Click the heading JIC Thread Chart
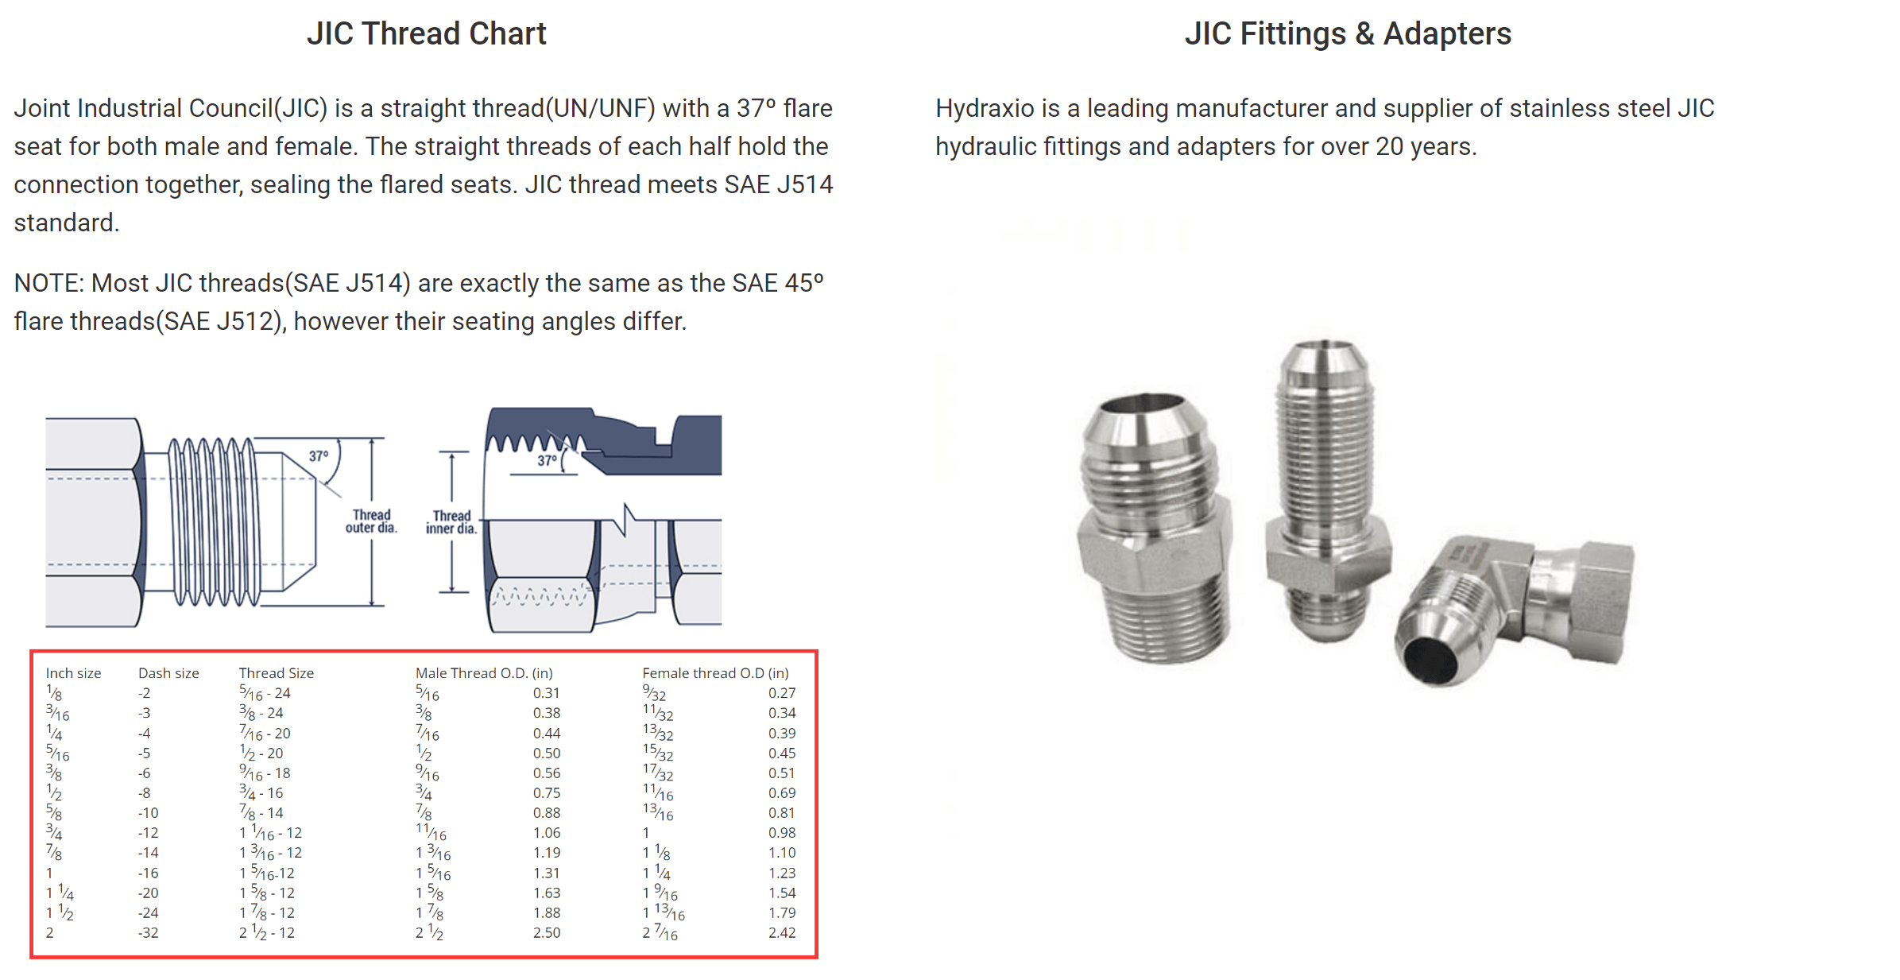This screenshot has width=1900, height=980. (x=427, y=33)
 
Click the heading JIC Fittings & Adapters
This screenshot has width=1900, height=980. (x=1348, y=33)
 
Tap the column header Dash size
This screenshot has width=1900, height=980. (x=168, y=673)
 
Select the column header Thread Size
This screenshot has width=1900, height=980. (x=277, y=673)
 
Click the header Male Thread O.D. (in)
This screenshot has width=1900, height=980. (x=484, y=673)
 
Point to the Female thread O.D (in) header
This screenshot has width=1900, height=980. (x=715, y=673)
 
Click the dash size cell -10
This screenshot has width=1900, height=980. (x=149, y=813)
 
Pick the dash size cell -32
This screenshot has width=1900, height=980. (x=149, y=933)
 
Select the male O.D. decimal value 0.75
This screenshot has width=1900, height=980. (x=547, y=793)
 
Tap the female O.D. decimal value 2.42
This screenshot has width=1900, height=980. (x=782, y=933)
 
